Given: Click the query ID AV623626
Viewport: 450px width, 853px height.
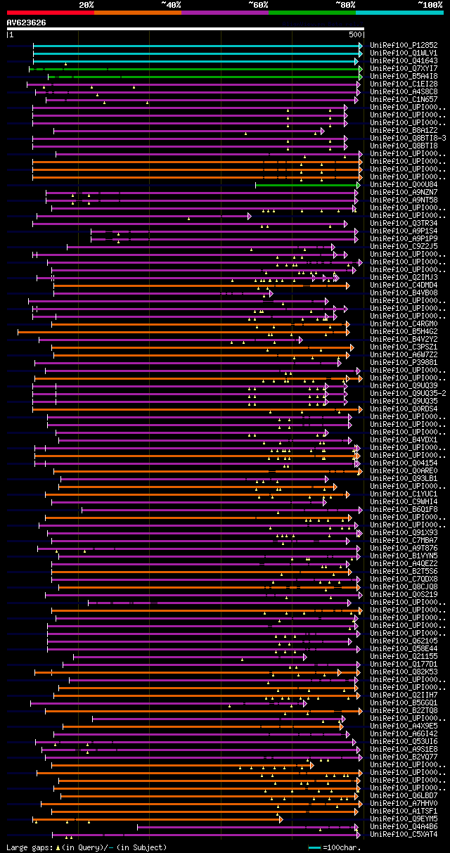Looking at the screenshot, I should pyautogui.click(x=26, y=23).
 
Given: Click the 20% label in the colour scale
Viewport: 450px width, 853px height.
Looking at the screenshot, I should pyautogui.click(x=86, y=5).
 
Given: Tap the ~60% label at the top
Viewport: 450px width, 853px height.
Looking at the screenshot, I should pyautogui.click(x=258, y=5).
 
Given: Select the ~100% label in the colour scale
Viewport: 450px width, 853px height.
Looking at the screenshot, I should pyautogui.click(x=430, y=5).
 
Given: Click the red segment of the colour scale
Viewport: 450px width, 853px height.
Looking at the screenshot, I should pyautogui.click(x=50, y=13).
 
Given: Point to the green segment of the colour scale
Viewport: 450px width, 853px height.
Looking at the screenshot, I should pyautogui.click(x=311, y=13).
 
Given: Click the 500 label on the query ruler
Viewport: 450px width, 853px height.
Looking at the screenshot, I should pyautogui.click(x=355, y=34).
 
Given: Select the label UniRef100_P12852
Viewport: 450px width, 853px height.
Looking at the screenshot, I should pyautogui.click(x=403, y=45).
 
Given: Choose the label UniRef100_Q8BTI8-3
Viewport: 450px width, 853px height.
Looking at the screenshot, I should pyautogui.click(x=407, y=138).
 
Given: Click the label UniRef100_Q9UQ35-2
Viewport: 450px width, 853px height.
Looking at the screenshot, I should pyautogui.click(x=407, y=393).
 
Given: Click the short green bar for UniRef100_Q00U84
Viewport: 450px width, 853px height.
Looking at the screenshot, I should pyautogui.click(x=307, y=185).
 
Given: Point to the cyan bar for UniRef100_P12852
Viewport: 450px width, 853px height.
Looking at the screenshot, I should pyautogui.click(x=197, y=46).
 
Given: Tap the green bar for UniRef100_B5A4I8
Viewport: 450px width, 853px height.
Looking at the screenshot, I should pyautogui.click(x=204, y=77).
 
